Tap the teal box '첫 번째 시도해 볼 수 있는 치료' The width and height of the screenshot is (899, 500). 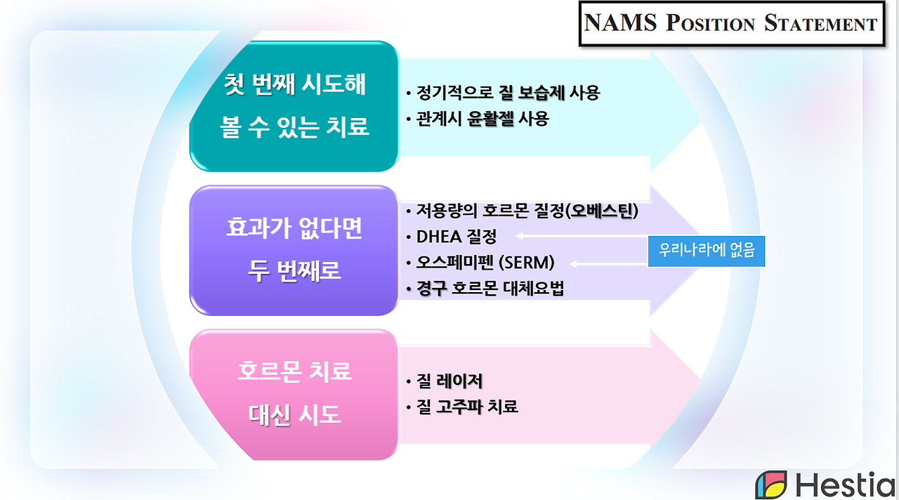pos(294,106)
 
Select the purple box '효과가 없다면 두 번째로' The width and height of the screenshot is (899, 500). pos(294,250)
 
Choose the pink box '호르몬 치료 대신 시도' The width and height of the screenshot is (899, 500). pos(294,393)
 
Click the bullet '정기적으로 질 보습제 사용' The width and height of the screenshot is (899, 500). pos(504,93)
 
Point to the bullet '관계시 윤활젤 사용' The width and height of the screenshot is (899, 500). pos(478,119)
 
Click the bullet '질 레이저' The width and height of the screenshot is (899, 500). pos(445,381)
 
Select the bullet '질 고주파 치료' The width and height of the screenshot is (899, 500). pos(464,407)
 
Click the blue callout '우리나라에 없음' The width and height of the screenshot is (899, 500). pos(706,250)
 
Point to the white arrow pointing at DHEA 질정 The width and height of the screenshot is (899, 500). pos(582,237)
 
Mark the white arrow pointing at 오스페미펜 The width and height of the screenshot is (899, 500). pos(608,263)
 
